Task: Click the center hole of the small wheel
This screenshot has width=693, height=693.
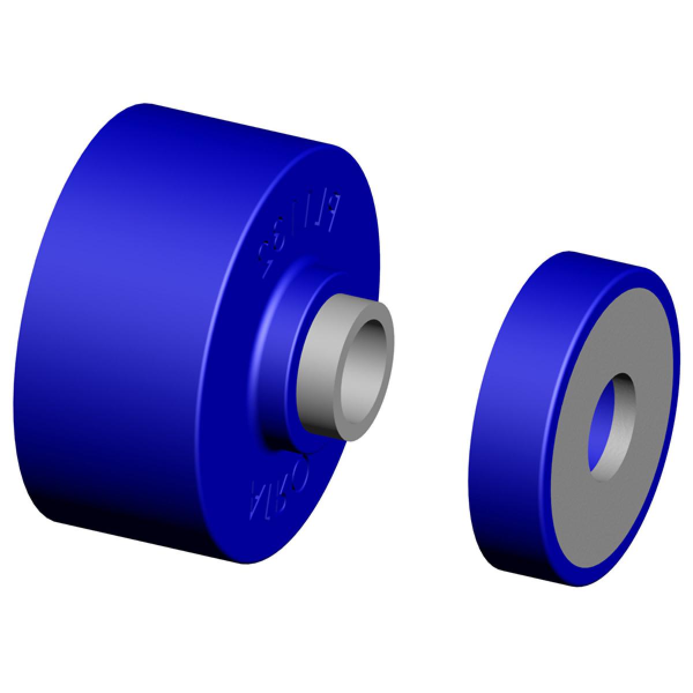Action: (611, 424)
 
